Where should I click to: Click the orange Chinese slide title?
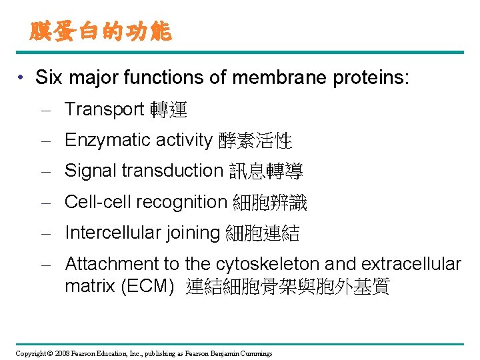tap(101, 31)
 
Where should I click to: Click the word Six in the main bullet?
tap(48, 78)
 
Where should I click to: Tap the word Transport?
tap(105, 109)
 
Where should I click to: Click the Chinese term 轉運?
tap(169, 109)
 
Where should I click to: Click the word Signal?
tap(91, 171)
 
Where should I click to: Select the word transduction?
tap(171, 171)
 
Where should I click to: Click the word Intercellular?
tap(109, 233)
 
